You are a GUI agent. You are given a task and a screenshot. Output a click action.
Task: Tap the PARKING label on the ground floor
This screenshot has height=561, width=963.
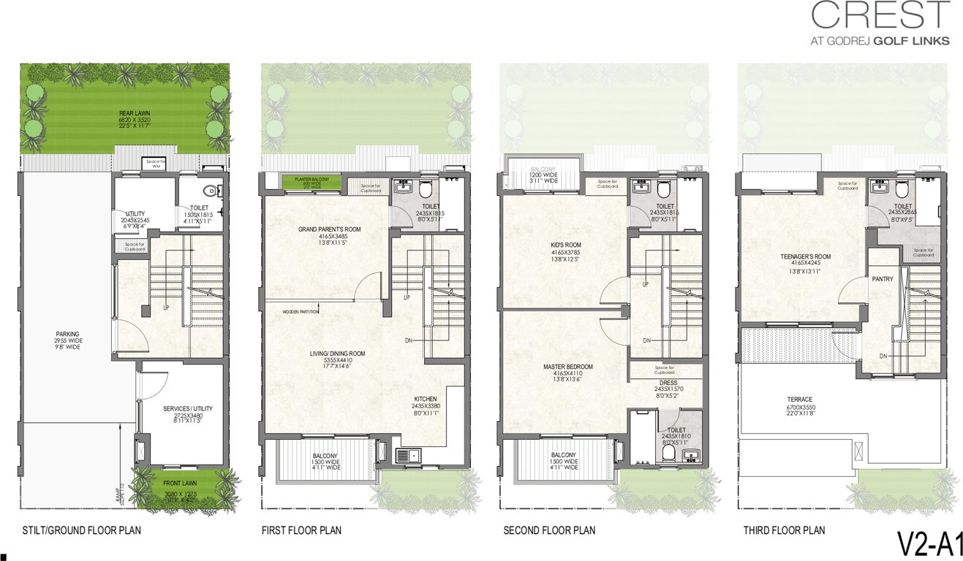67,335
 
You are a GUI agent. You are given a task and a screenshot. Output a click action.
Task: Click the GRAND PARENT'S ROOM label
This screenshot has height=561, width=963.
329,229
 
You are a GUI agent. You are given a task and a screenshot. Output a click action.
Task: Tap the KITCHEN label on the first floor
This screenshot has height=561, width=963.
424,399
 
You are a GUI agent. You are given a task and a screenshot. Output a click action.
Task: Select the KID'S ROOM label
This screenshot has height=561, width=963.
566,245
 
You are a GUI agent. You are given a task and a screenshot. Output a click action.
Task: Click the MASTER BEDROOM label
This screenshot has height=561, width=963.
567,367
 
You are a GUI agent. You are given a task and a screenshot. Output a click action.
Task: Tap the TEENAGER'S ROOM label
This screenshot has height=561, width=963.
804,256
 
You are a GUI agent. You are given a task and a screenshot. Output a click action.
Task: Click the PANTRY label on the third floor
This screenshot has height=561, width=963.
883,279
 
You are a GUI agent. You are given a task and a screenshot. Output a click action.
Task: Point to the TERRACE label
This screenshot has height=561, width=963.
801,399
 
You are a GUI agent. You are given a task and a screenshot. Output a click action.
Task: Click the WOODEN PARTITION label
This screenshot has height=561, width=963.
301,312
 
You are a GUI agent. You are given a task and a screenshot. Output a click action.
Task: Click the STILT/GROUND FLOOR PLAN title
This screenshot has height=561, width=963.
81,530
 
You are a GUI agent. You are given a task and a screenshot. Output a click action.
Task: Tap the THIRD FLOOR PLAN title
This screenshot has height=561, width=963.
784,530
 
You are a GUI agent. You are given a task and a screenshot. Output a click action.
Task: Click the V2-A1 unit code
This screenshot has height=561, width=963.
930,545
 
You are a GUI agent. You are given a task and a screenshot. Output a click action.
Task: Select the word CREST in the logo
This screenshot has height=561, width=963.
880,15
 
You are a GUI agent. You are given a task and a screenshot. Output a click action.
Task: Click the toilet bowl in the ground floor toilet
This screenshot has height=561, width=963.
211,191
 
